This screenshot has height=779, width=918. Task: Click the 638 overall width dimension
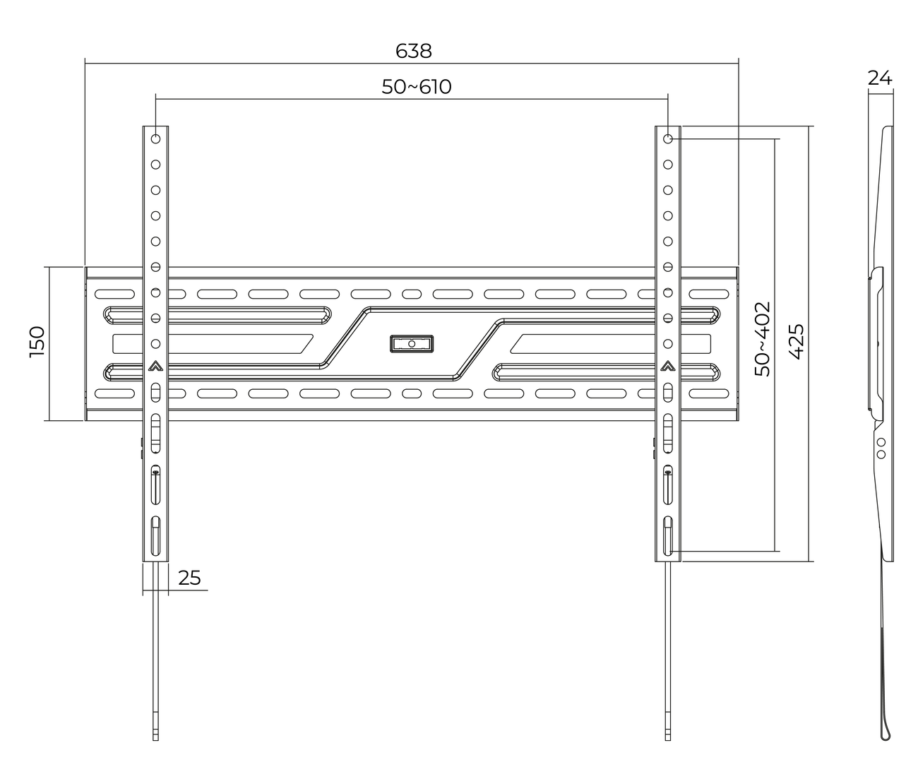(413, 51)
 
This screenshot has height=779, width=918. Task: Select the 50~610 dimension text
(416, 87)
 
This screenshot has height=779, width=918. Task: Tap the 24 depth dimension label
(880, 78)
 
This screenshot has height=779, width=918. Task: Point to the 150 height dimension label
(37, 342)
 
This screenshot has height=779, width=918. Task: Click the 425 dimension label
(795, 342)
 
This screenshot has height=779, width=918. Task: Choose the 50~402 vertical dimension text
(763, 339)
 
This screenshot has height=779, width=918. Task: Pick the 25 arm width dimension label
(189, 578)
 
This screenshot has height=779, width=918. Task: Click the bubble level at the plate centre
(411, 343)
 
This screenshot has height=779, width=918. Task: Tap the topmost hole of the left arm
(155, 138)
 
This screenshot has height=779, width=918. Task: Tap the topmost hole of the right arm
(667, 138)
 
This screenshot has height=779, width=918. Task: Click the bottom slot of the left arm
(155, 536)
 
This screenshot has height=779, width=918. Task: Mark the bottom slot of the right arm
(667, 536)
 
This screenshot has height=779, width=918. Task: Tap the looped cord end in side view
(887, 731)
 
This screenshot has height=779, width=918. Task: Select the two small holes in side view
(880, 448)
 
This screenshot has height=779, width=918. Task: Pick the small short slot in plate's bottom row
(411, 393)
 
